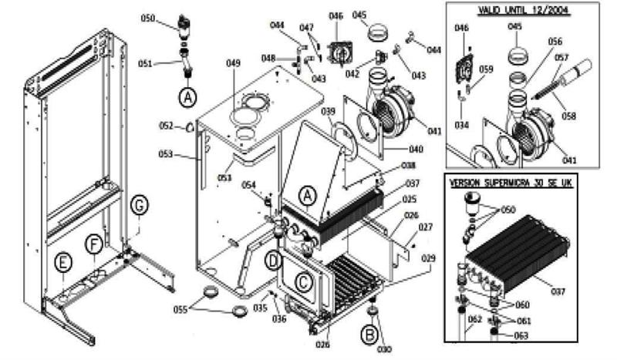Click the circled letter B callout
click(370, 334)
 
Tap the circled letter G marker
click(139, 206)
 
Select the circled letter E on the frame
click(62, 264)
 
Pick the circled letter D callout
click(273, 259)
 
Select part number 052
click(166, 126)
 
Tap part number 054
click(248, 185)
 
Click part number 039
click(329, 112)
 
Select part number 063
click(522, 335)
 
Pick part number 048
click(268, 59)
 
